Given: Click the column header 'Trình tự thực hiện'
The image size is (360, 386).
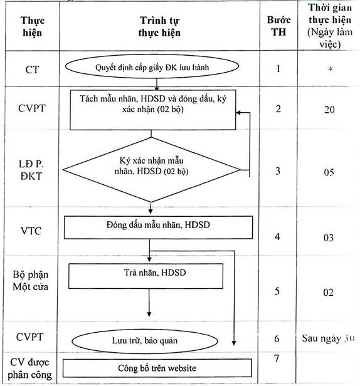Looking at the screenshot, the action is (x=159, y=26).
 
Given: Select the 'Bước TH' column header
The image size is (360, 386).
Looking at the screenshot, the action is (x=278, y=26).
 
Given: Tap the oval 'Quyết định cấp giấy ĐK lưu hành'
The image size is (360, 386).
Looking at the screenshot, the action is (x=152, y=66).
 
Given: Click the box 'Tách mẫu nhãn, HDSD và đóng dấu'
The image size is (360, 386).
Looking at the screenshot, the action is (x=153, y=110).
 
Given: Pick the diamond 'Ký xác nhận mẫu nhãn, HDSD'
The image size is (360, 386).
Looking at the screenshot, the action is (x=151, y=170).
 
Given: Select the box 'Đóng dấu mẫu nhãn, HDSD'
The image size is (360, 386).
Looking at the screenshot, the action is (x=158, y=227).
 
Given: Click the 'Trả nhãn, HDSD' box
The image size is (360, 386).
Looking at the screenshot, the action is (x=146, y=276).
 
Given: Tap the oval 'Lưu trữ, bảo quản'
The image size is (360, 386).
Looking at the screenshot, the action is (x=145, y=341).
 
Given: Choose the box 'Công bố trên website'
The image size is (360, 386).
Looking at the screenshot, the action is (x=157, y=368).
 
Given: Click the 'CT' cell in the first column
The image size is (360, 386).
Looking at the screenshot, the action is (x=32, y=70).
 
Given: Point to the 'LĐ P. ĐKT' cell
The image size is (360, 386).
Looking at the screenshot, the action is (x=31, y=170).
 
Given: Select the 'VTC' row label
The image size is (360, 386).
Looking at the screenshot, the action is (x=31, y=231).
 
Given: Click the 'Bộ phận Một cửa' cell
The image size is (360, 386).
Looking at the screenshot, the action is (x=31, y=281).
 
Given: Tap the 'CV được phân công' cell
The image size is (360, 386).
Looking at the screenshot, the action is (x=30, y=368).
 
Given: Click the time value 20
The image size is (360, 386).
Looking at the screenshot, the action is (x=329, y=110).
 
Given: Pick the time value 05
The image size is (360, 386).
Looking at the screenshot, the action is (x=329, y=172).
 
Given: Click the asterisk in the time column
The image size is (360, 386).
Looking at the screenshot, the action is (x=330, y=69).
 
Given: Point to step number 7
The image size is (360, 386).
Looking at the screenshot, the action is (x=277, y=358).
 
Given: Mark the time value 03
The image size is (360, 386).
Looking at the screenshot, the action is (x=329, y=238).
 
